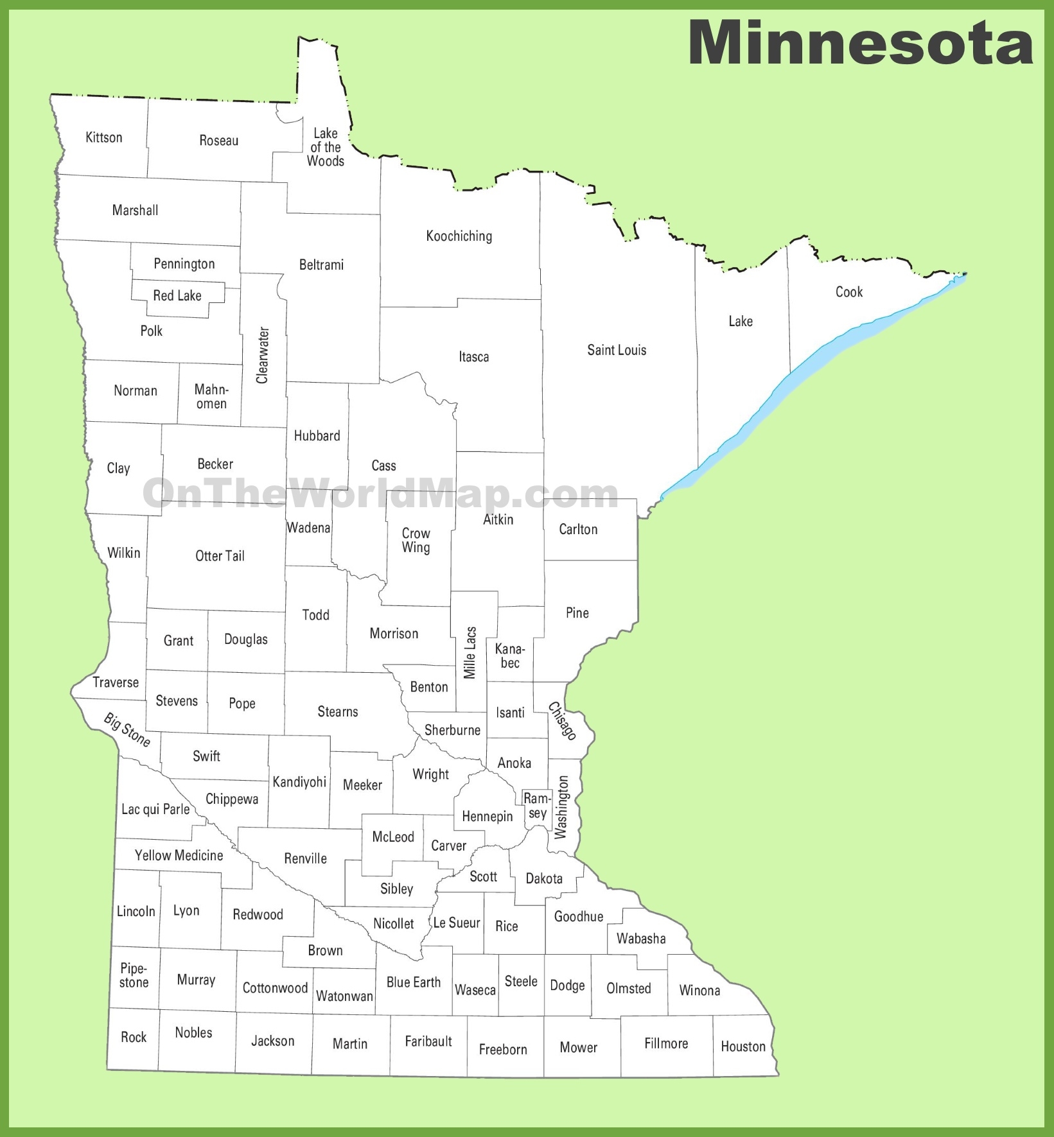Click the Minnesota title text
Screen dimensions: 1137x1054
tap(861, 42)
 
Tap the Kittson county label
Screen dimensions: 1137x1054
tap(103, 137)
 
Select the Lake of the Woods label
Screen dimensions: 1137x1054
tap(326, 147)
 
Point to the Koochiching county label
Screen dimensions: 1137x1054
tap(459, 236)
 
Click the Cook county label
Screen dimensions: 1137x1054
tap(848, 292)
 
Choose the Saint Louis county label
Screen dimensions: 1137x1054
tap(617, 350)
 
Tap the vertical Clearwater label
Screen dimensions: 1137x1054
tap(262, 355)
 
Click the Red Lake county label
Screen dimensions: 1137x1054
tap(177, 296)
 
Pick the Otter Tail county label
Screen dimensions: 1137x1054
tap(220, 556)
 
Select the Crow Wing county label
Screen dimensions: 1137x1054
tap(416, 541)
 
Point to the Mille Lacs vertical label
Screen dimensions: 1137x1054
tap(470, 653)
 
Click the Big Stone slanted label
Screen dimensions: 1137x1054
tap(127, 730)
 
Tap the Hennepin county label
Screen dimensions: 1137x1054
tap(487, 817)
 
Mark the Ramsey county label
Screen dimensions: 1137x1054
tap(537, 806)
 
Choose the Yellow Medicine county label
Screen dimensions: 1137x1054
tap(179, 855)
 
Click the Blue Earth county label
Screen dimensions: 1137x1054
tap(413, 982)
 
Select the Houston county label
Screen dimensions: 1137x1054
tap(743, 1046)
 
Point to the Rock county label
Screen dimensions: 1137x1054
tap(134, 1037)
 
